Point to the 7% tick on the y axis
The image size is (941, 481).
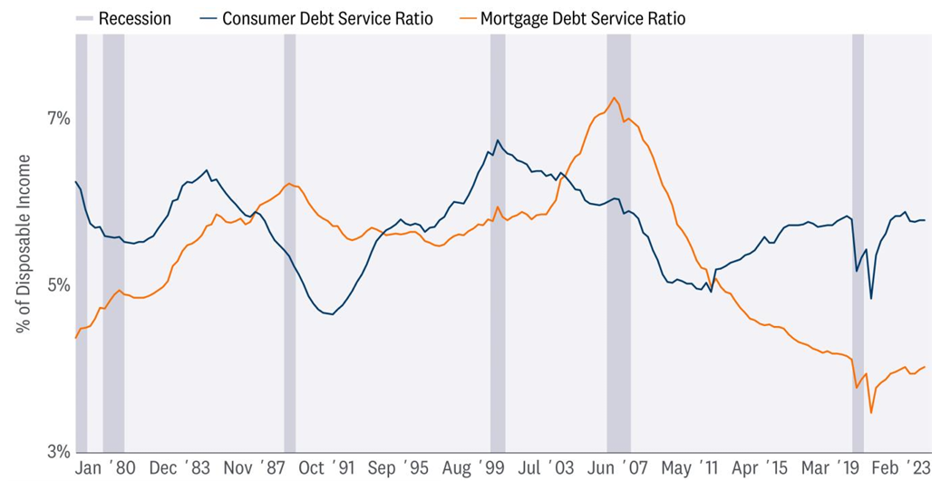(x=58, y=119)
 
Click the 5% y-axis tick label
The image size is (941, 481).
(x=58, y=285)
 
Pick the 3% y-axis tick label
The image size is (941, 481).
(x=58, y=451)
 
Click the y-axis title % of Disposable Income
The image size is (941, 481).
(x=24, y=243)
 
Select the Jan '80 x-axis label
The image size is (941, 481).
(x=106, y=467)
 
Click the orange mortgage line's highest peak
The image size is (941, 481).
(x=615, y=98)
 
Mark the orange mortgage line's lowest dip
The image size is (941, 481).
(x=871, y=413)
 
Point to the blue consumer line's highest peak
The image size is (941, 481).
(x=497, y=140)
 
